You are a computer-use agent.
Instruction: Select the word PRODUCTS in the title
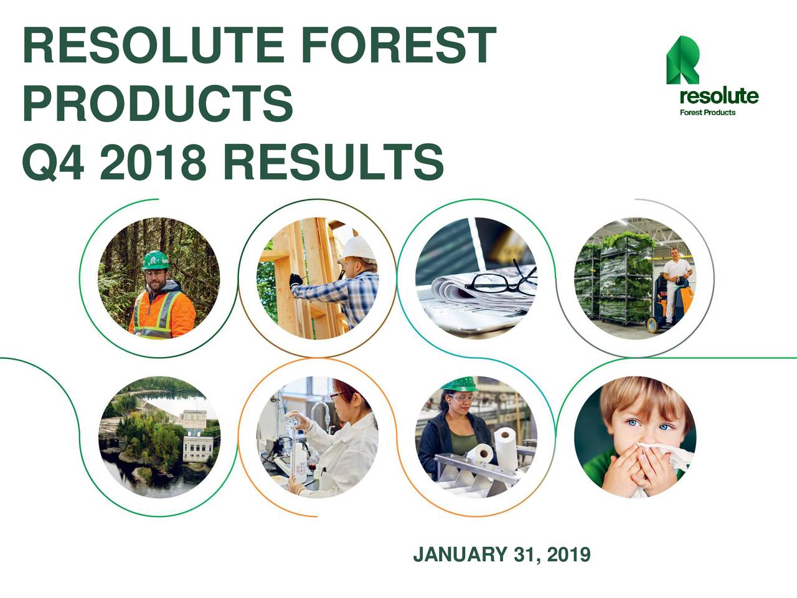[157, 103]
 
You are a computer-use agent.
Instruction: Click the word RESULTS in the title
[332, 160]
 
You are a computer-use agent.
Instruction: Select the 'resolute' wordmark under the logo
[719, 97]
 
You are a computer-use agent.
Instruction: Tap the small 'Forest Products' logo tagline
[707, 113]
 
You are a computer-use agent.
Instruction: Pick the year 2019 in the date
[568, 554]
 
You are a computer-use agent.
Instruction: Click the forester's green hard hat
[155, 260]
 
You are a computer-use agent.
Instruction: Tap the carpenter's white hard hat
[360, 249]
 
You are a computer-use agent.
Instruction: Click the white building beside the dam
[196, 436]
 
